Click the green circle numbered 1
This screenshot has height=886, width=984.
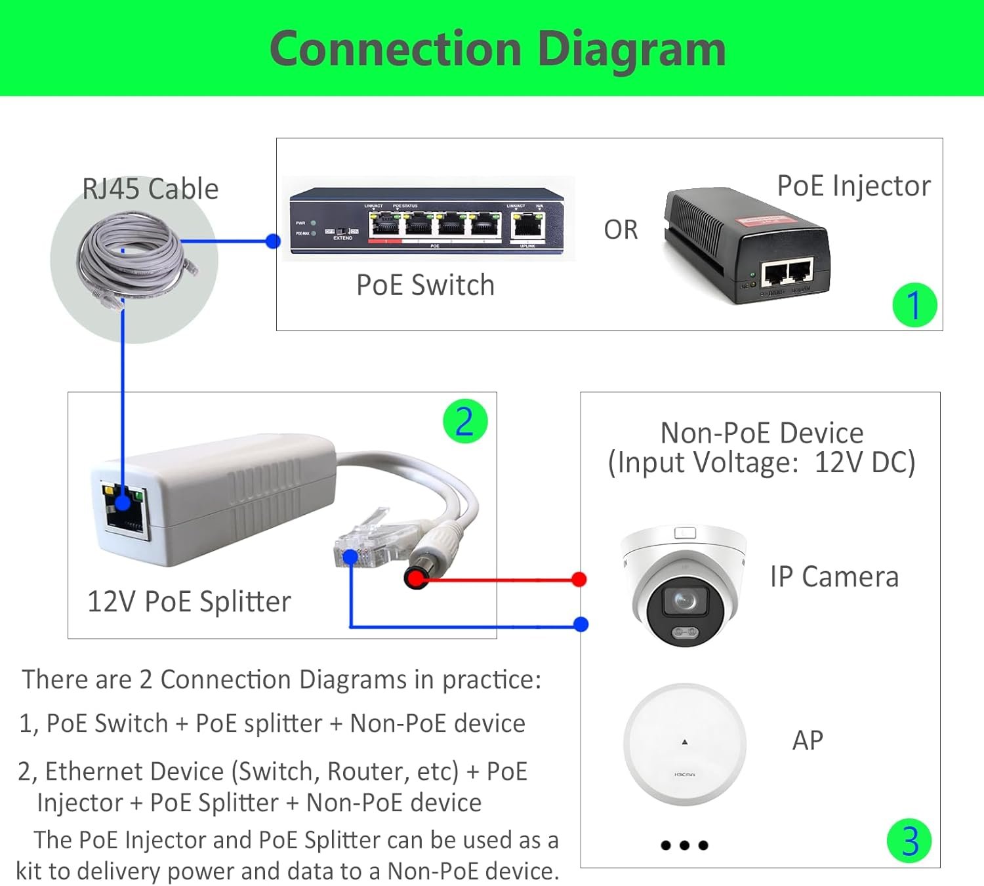tap(914, 305)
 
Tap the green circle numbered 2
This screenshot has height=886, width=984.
tap(464, 421)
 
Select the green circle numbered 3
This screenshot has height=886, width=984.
tap(909, 841)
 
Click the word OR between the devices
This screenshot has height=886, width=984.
tap(621, 230)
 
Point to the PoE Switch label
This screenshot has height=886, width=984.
tap(425, 285)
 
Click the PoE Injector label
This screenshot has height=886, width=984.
tap(853, 186)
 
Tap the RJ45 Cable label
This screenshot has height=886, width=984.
tap(150, 189)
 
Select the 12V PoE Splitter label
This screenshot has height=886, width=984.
tap(189, 601)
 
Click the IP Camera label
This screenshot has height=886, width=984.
tap(834, 577)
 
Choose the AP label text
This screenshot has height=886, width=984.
tap(808, 740)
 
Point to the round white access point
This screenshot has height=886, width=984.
tap(685, 744)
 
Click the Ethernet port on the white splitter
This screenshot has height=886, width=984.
tap(124, 509)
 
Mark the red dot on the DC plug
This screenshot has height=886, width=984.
tap(415, 578)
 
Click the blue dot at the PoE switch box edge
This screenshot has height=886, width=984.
tap(274, 241)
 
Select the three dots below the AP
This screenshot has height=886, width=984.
tap(684, 845)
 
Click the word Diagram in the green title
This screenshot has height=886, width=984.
tap(631, 50)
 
